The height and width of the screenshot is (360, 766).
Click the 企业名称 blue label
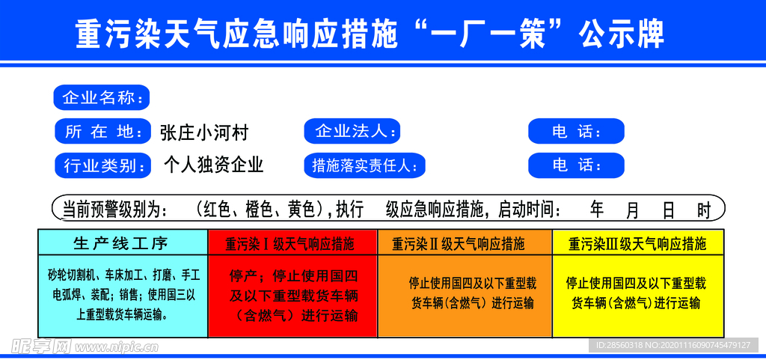tap(101, 98)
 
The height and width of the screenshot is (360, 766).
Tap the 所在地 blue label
tap(102, 131)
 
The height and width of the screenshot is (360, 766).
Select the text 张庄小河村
tap(204, 132)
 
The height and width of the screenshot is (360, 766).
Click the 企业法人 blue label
tap(352, 131)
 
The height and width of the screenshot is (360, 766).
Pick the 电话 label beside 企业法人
tap(577, 131)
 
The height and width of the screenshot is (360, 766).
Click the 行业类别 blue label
tap(102, 165)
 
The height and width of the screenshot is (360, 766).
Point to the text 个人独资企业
tap(213, 165)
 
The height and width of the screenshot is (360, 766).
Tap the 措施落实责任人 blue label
tap(364, 165)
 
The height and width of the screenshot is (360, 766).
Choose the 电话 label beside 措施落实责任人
tap(577, 165)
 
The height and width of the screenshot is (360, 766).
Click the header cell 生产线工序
tap(123, 242)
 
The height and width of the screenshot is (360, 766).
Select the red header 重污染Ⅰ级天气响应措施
tap(292, 242)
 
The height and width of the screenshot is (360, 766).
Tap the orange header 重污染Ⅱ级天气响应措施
tap(465, 242)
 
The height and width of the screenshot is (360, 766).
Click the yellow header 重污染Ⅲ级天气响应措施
tap(638, 242)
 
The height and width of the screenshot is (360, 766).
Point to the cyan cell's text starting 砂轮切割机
tap(123, 295)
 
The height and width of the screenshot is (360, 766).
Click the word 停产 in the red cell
tap(243, 276)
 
